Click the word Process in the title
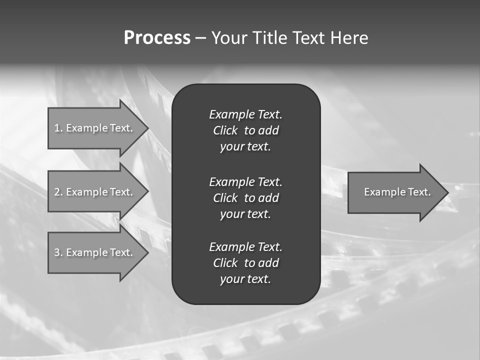click(x=157, y=38)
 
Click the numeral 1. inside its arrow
click(x=58, y=128)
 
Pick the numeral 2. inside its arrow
click(x=58, y=192)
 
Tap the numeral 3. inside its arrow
click(x=58, y=252)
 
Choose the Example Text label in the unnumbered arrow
click(x=397, y=192)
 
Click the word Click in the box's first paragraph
click(x=225, y=130)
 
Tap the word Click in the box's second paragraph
click(x=225, y=198)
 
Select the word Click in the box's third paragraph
click(x=225, y=263)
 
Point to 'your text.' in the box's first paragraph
click(x=245, y=147)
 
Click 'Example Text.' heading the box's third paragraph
click(x=245, y=247)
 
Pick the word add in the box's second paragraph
click(x=269, y=198)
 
